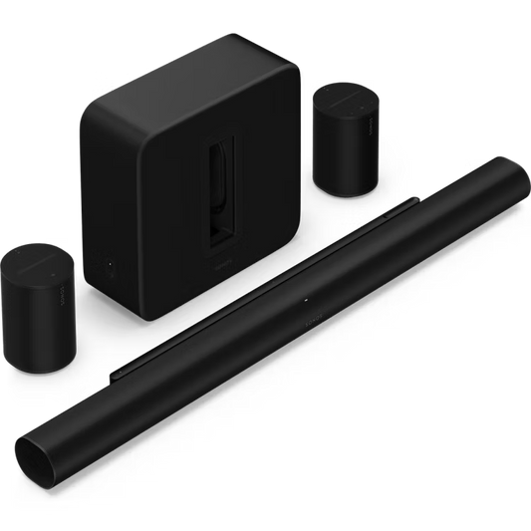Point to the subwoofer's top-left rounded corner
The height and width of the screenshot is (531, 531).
(87, 95)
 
